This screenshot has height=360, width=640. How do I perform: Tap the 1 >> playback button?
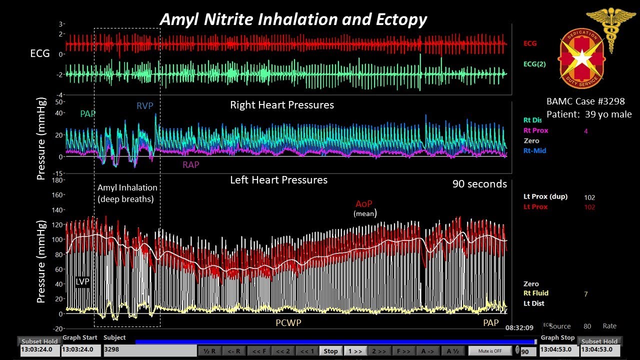coord(354,351)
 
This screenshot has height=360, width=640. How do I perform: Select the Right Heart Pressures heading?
coord(282,105)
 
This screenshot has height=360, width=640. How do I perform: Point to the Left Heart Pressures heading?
coord(278,180)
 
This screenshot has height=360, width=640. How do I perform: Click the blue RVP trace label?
coord(145,106)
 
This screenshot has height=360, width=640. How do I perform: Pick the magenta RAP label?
coord(190,164)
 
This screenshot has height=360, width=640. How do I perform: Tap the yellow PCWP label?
coord(288,323)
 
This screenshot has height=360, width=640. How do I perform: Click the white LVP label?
coord(82,281)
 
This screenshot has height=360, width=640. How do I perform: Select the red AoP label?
coord(364,203)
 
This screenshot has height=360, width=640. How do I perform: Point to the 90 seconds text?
coord(479,184)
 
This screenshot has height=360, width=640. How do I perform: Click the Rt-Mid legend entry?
coord(534,150)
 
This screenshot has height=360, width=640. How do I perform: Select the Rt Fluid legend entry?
coord(535,293)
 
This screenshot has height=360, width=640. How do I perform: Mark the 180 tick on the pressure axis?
coord(58,179)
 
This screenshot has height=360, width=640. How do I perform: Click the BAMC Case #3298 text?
coord(585,101)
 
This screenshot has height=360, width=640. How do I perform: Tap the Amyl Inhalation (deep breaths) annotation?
coord(127,193)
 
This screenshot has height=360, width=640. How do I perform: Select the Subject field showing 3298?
coord(149,349)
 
